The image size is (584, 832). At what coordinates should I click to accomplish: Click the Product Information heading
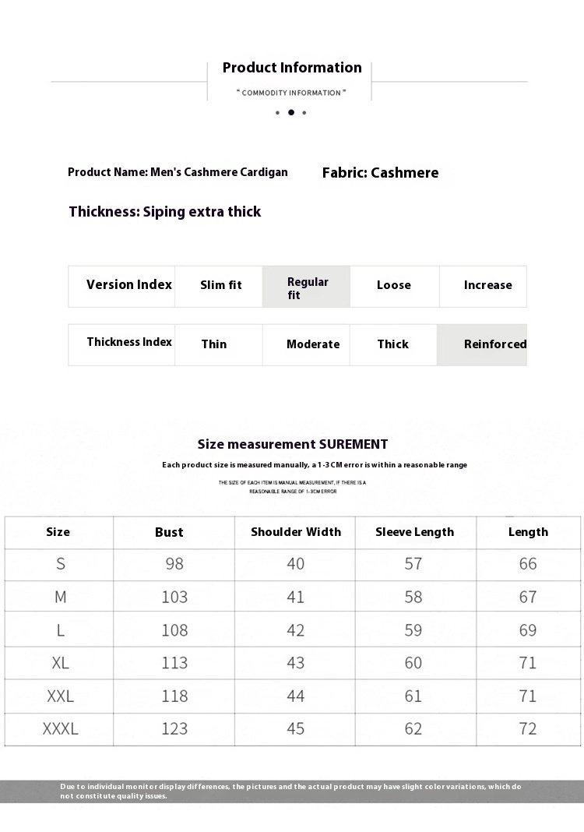pyautogui.click(x=292, y=68)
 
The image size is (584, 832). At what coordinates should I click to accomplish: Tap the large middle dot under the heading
pyautogui.click(x=291, y=112)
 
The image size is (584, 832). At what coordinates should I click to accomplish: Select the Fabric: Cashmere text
pyautogui.click(x=380, y=173)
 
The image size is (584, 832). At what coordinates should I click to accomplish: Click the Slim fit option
pyautogui.click(x=220, y=285)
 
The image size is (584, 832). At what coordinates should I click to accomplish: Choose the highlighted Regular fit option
pyautogui.click(x=307, y=287)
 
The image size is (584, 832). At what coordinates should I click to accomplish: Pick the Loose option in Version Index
pyautogui.click(x=393, y=285)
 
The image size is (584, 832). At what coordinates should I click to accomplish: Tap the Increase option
pyautogui.click(x=487, y=285)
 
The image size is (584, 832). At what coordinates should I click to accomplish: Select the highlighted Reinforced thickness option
pyautogui.click(x=494, y=344)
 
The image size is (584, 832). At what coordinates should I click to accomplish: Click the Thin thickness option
pyautogui.click(x=214, y=344)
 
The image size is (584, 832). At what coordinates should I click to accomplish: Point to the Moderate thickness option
pyautogui.click(x=313, y=344)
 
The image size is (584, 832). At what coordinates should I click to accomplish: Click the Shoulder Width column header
pyautogui.click(x=296, y=532)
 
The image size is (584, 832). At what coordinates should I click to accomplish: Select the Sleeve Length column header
pyautogui.click(x=414, y=532)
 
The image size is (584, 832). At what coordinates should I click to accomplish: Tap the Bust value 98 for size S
pyautogui.click(x=174, y=564)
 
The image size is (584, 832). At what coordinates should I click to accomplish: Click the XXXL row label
pyautogui.click(x=60, y=729)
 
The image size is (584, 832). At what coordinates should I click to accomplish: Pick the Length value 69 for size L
pyautogui.click(x=528, y=630)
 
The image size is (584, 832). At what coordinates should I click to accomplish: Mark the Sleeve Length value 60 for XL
pyautogui.click(x=413, y=663)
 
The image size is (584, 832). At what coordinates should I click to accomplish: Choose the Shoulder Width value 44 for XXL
pyautogui.click(x=296, y=696)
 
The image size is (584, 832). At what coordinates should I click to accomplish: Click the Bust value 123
pyautogui.click(x=174, y=729)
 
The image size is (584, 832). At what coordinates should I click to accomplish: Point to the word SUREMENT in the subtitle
pyautogui.click(x=353, y=445)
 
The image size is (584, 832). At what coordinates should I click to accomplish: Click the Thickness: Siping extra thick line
pyautogui.click(x=165, y=212)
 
